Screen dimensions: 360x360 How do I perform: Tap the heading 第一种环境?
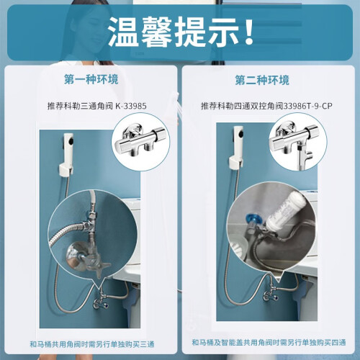click(x=91, y=79)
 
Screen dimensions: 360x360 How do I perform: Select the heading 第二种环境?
click(x=262, y=80)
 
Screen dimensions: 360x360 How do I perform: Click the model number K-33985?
click(x=131, y=106)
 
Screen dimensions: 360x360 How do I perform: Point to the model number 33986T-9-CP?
click(x=308, y=106)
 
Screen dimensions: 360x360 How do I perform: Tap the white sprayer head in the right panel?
click(x=238, y=142)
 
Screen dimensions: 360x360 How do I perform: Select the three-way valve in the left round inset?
click(x=142, y=142)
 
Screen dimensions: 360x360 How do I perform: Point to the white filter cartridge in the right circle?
click(x=286, y=210)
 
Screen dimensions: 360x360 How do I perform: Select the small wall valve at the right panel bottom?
click(x=271, y=294)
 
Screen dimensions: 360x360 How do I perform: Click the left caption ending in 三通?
click(x=91, y=344)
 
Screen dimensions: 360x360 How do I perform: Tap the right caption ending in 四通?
click(x=269, y=343)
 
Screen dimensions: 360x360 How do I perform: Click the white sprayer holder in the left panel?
click(x=66, y=171)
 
